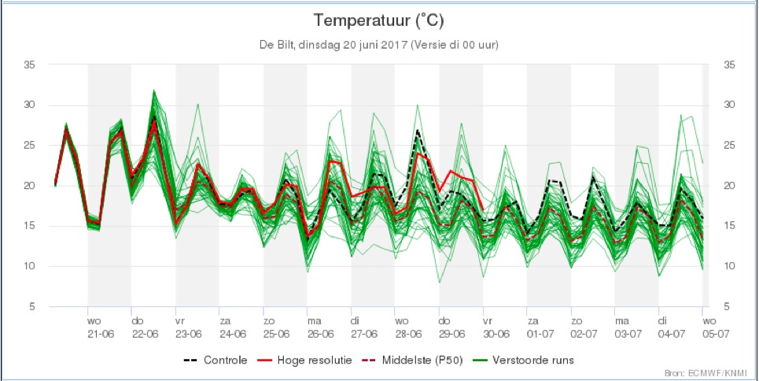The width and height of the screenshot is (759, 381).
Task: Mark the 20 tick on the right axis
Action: (728, 186)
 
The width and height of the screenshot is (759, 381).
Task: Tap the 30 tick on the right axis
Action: (728, 105)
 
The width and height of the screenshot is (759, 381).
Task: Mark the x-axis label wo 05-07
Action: (710, 327)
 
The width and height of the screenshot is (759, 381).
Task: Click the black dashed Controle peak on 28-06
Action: (417, 131)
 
